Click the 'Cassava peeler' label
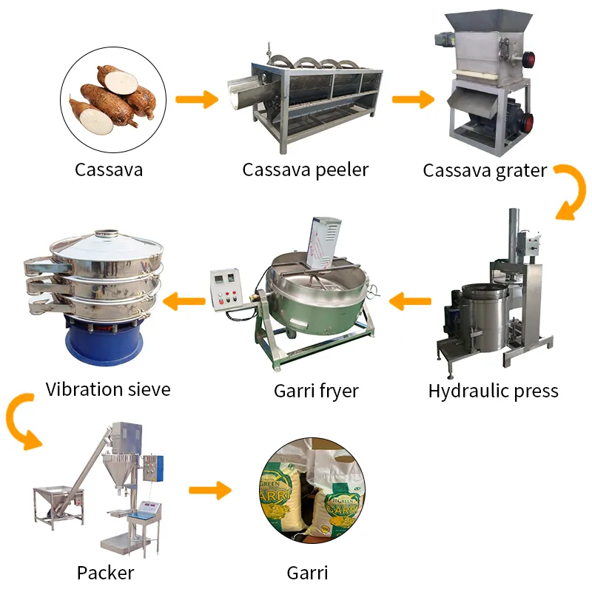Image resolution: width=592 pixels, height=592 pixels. pyautogui.click(x=305, y=170)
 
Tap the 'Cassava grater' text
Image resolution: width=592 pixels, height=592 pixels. pyautogui.click(x=485, y=170)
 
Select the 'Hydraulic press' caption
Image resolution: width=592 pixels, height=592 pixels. pyautogui.click(x=493, y=391)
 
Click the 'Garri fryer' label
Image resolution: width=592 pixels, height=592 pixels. pyautogui.click(x=316, y=391)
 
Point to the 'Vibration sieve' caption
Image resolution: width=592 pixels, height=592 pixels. pyautogui.click(x=108, y=389)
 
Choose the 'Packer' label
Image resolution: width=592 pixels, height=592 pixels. pyautogui.click(x=106, y=572)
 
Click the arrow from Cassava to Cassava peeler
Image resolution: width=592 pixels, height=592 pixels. pyautogui.click(x=197, y=99)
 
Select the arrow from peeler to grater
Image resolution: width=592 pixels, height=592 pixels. pyautogui.click(x=413, y=99)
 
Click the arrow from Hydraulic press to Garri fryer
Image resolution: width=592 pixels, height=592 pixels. pyautogui.click(x=411, y=301)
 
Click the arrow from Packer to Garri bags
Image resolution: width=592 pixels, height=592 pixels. pyautogui.click(x=210, y=490)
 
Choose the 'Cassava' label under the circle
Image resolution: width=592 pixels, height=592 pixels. pyautogui.click(x=109, y=170)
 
